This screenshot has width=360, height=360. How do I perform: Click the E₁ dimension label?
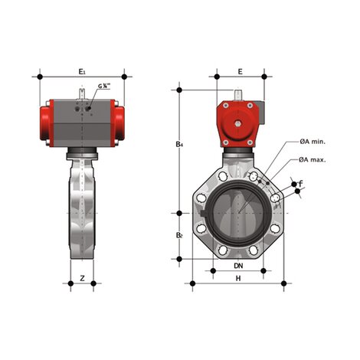(x=82, y=70)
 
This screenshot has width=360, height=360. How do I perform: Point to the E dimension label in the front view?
(x=239, y=70)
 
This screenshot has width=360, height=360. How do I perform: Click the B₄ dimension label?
(x=179, y=144)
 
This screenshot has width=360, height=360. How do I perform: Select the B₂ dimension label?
(x=179, y=235)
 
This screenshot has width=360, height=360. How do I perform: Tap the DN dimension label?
(x=239, y=266)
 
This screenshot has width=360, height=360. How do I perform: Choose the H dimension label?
(x=239, y=279)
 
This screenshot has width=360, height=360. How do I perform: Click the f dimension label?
(x=300, y=184)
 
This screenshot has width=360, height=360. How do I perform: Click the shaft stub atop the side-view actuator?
(x=81, y=92)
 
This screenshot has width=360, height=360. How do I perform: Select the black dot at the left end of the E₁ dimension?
(x=38, y=77)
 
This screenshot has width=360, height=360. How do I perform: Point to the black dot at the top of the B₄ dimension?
(x=179, y=89)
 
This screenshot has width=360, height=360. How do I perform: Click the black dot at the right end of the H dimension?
(x=285, y=285)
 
